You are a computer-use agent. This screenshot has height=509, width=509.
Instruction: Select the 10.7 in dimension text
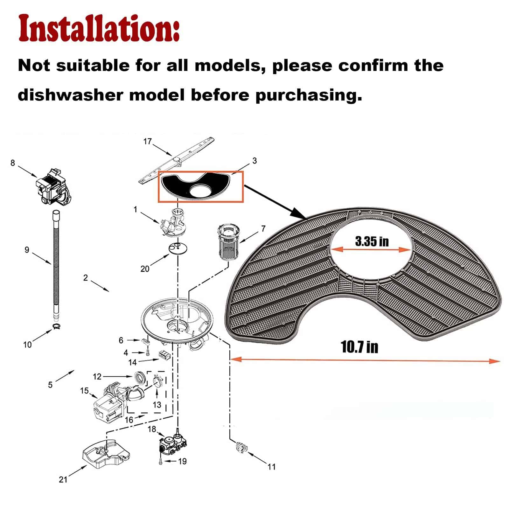pyautogui.click(x=359, y=347)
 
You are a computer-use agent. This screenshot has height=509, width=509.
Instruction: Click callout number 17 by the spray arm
pyautogui.click(x=148, y=141)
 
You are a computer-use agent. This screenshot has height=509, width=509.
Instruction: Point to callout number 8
pyautogui.click(x=13, y=163)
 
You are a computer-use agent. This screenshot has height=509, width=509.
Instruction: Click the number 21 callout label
pyautogui.click(x=63, y=479)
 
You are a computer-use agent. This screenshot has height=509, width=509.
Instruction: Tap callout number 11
pyautogui.click(x=271, y=467)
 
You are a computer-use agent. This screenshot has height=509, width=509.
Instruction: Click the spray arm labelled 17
pyautogui.click(x=177, y=160)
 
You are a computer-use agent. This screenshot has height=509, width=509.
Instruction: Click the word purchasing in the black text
pyautogui.click(x=309, y=95)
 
